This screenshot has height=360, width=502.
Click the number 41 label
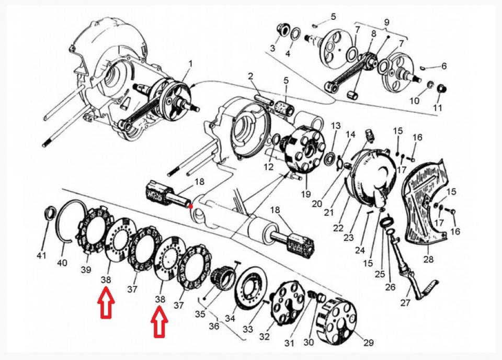tap(41, 255)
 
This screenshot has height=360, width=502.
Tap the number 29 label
tap(368, 343)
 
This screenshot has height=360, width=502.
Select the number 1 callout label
tap(190, 63)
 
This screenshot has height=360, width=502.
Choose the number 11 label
tap(437, 108)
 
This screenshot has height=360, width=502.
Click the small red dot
tap(192, 206)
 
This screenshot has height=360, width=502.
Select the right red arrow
tap(159, 323)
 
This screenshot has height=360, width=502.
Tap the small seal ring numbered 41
tap(51, 213)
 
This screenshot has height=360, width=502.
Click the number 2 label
tap(251, 76)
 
